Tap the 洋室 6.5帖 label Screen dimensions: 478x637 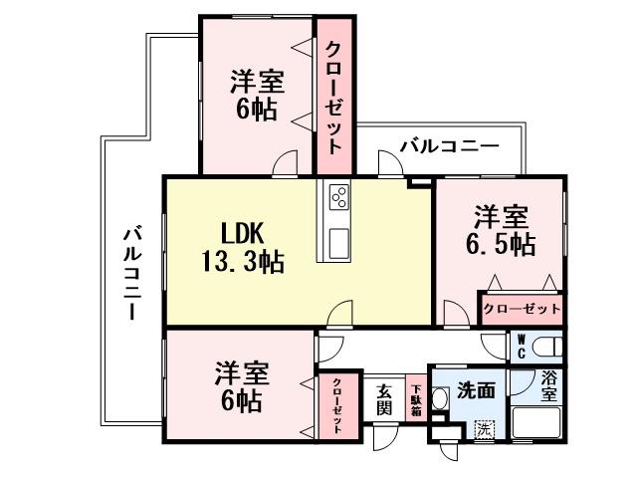(501, 230)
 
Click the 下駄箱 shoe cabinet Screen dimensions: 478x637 (415, 400)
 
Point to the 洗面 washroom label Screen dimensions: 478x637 (476, 392)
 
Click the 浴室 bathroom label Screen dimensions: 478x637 (549, 385)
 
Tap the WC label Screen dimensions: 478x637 (520, 347)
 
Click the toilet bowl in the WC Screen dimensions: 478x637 (544, 348)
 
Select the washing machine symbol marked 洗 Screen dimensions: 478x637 (484, 429)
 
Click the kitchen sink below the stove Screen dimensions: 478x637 (336, 240)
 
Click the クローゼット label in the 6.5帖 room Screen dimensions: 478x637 (522, 309)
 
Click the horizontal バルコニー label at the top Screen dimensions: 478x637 (449, 146)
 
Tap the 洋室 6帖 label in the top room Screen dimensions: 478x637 (256, 94)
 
